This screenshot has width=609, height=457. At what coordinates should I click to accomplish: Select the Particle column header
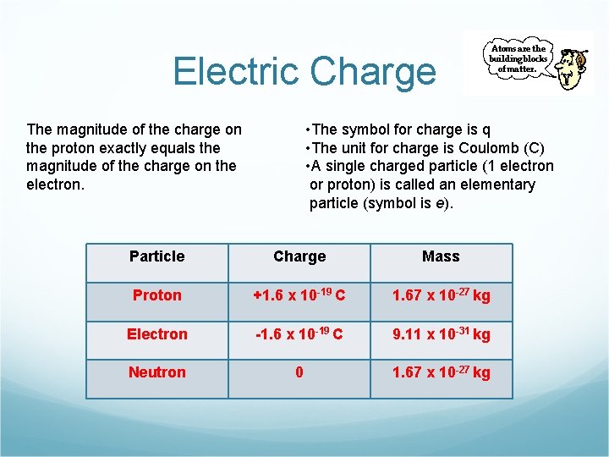[x=156, y=256]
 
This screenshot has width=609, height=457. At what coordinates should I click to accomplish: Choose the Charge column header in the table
[x=299, y=256]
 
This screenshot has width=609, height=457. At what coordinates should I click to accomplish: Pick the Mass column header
[x=441, y=256]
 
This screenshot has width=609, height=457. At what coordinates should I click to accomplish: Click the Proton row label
[x=156, y=295]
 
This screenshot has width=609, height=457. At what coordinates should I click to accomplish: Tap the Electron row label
[x=156, y=334]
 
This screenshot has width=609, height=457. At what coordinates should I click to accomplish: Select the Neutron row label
[x=156, y=372]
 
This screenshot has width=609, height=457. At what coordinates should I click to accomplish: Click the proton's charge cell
[x=299, y=295]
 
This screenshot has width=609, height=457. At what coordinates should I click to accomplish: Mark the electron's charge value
[x=299, y=334]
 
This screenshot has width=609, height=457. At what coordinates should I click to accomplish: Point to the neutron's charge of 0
[x=299, y=372]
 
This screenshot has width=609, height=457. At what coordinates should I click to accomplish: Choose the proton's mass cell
[x=441, y=295]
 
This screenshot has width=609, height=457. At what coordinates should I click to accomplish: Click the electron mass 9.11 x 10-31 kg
[x=441, y=334]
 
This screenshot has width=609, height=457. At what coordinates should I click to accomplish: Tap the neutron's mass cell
[x=441, y=372]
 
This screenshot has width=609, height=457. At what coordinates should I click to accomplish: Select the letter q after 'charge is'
[x=486, y=129]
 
